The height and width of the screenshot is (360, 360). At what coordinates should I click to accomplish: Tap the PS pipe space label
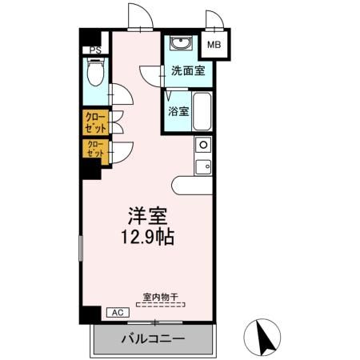95,50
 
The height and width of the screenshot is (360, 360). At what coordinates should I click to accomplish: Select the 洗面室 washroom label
187,70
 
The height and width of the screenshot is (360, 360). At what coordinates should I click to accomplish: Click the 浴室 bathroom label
178,111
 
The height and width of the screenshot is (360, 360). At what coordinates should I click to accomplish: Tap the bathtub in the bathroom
201,112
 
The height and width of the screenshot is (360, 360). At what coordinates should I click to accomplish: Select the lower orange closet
95,149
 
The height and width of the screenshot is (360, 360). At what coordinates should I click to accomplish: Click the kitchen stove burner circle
203,146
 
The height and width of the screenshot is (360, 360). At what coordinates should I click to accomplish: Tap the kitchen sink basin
203,167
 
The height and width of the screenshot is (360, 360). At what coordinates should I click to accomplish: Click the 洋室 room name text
148,216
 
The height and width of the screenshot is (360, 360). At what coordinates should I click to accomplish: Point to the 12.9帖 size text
149,237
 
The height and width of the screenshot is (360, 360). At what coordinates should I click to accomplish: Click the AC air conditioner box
115,312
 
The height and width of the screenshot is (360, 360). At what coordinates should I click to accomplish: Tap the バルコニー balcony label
153,339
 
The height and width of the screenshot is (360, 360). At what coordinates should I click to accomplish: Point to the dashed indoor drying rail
161,305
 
